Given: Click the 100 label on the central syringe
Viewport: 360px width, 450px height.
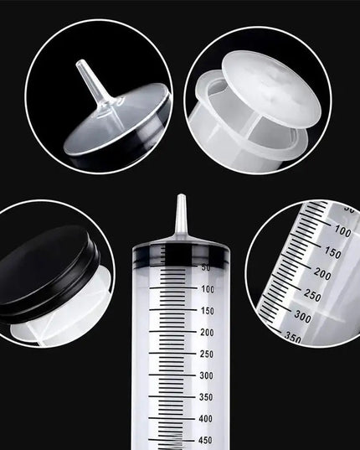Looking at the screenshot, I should (208, 288).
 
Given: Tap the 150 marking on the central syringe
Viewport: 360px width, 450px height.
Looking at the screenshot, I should (208, 310).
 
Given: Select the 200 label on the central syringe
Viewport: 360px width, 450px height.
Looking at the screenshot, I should (208, 332).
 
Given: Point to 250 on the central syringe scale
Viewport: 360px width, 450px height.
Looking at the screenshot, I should (208, 354).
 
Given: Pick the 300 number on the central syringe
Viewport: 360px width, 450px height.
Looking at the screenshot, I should (208, 375).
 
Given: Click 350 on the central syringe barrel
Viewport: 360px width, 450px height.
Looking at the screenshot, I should (208, 397).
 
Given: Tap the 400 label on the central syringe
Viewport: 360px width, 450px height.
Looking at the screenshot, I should (208, 418).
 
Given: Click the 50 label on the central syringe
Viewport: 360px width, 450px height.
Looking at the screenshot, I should (206, 267).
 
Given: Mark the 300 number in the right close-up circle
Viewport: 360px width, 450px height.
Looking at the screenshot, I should (303, 318).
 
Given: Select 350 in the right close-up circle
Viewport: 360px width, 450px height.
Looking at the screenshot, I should (293, 337).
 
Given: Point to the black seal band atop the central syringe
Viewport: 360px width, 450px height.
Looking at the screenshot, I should (180, 251).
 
